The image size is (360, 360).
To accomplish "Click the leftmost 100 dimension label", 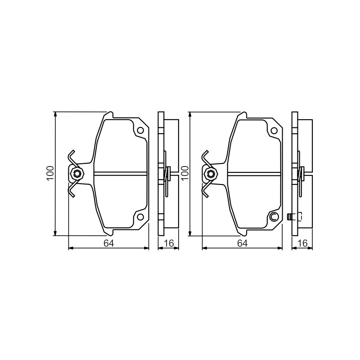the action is pyautogui.click(x=50, y=173).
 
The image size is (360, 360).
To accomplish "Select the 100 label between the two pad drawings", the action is pyautogui.click(x=185, y=173).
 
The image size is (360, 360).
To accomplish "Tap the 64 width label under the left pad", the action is pyautogui.click(x=108, y=243).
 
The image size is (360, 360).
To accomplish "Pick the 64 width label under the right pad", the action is pyautogui.click(x=243, y=243).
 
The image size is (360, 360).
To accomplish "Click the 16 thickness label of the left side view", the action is pyautogui.click(x=169, y=243).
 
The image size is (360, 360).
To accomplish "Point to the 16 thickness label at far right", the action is pyautogui.click(x=302, y=243).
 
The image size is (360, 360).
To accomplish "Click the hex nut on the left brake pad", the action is pyautogui.click(x=76, y=173).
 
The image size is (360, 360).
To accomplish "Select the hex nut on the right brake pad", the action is pyautogui.click(x=210, y=173).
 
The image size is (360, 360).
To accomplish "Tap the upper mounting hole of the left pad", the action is pyautogui.click(x=140, y=130).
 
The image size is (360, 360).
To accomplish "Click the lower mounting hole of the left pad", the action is pyautogui.click(x=140, y=216).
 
